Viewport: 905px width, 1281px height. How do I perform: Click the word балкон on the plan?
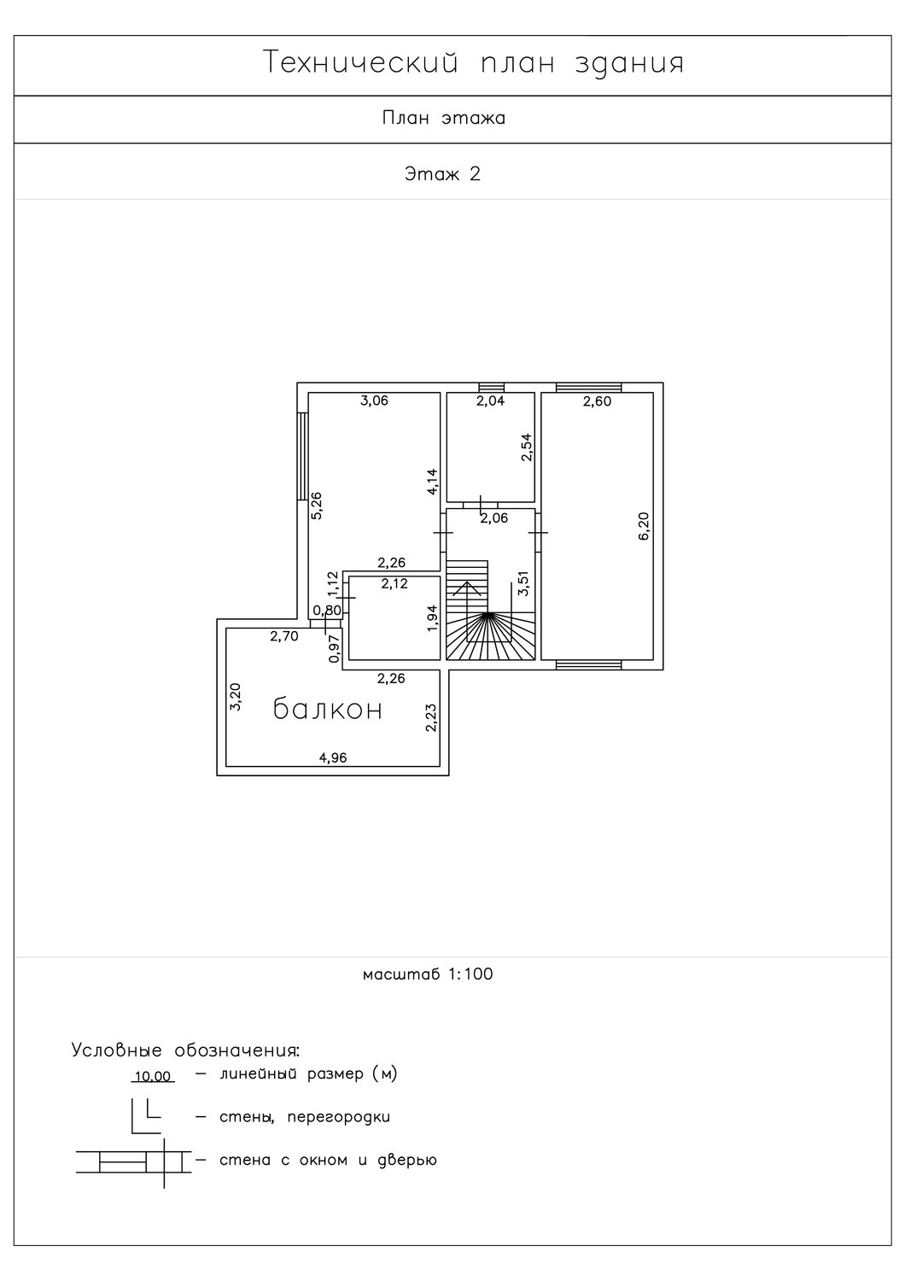click(327, 709)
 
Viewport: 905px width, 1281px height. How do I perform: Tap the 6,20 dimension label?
click(644, 526)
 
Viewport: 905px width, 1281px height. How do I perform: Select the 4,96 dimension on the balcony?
click(333, 757)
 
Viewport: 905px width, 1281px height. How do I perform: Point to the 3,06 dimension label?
click(375, 401)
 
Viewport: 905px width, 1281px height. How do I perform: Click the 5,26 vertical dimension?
click(316, 506)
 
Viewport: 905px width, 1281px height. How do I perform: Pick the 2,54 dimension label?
click(527, 447)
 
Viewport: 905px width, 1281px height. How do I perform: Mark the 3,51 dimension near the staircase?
click(523, 583)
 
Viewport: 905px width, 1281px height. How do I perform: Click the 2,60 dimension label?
click(598, 401)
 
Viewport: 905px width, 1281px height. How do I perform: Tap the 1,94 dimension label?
click(432, 617)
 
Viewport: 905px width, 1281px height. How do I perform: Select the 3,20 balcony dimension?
click(236, 697)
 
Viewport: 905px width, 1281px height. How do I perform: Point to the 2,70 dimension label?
click(284, 636)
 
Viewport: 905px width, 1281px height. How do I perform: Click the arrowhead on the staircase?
click(468, 588)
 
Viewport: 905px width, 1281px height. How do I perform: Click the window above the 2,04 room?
click(492, 387)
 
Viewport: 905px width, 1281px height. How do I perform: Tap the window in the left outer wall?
click(303, 456)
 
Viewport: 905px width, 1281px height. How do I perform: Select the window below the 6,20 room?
click(589, 664)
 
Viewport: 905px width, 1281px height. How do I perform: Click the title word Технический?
click(361, 62)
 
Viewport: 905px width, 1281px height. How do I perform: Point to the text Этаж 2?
click(442, 173)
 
